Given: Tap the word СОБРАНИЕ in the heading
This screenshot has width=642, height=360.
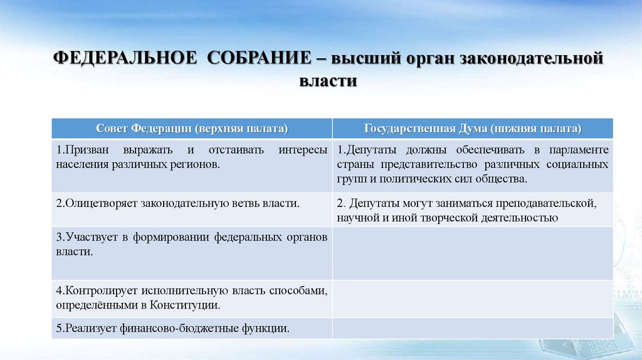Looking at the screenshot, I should [x=258, y=60].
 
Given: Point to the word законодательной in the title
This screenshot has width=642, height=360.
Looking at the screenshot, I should [x=532, y=60].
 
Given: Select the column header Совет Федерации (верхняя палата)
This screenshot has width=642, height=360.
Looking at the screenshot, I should [x=192, y=129].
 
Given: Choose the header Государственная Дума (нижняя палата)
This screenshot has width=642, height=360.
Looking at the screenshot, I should [x=473, y=129].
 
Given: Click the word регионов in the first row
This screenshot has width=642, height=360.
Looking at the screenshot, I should [x=199, y=164].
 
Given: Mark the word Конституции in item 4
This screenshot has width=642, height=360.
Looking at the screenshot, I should [x=189, y=305].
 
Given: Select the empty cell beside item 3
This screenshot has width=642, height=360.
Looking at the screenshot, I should [x=473, y=253].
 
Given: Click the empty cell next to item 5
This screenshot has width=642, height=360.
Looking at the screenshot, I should [x=473, y=328].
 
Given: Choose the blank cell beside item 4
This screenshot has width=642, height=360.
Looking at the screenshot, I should [x=473, y=299].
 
